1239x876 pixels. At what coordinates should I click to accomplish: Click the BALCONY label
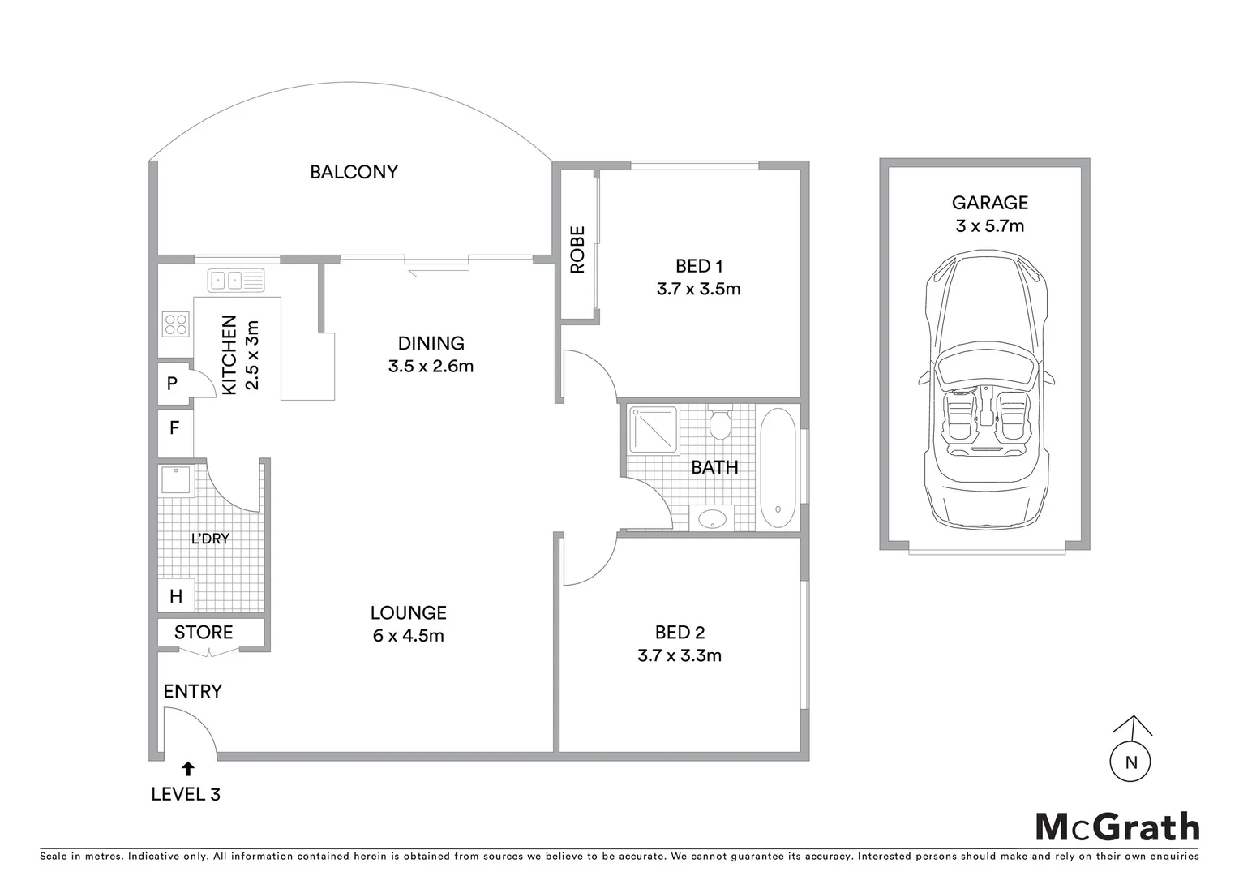354,172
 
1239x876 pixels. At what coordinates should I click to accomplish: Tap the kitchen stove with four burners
176,324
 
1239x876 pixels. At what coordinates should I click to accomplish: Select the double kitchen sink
226,281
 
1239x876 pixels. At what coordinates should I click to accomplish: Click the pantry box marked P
173,383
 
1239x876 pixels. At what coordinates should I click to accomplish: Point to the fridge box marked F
174,427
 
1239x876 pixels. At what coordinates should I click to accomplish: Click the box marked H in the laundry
176,597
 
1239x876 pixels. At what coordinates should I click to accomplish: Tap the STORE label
204,633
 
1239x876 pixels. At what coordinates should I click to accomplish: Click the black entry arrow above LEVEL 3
188,769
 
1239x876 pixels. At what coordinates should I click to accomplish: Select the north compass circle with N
1131,762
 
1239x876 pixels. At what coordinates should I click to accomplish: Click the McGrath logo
1117,827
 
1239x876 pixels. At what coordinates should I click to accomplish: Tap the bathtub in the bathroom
778,469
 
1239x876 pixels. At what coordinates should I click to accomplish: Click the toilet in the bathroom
719,423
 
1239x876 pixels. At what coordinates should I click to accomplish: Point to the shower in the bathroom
652,429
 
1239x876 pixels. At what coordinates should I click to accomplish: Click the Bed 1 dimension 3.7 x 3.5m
698,289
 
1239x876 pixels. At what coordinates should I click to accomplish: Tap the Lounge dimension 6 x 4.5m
408,636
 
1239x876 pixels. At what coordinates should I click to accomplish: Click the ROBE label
577,250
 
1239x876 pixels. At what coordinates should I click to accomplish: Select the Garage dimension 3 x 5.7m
989,225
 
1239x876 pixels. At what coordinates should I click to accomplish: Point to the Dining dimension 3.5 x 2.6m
431,366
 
